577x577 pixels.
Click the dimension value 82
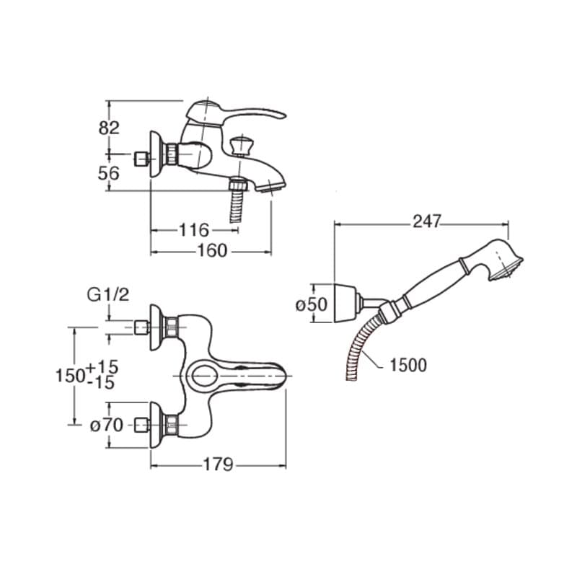click(109, 128)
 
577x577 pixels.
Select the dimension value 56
click(109, 173)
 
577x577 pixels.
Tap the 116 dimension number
click(194, 230)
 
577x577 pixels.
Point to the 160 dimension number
click(212, 251)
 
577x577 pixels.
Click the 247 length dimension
click(427, 221)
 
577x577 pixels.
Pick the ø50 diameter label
click(312, 304)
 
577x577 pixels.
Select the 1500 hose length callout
click(408, 365)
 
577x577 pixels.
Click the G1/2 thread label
click(108, 295)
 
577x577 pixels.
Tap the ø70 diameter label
click(107, 426)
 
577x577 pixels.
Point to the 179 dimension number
click(219, 464)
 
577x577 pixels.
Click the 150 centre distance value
click(70, 376)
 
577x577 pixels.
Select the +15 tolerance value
click(102, 367)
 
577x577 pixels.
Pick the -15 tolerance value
click(101, 383)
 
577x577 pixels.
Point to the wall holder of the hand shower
click(347, 303)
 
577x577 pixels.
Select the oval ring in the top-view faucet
click(204, 376)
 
